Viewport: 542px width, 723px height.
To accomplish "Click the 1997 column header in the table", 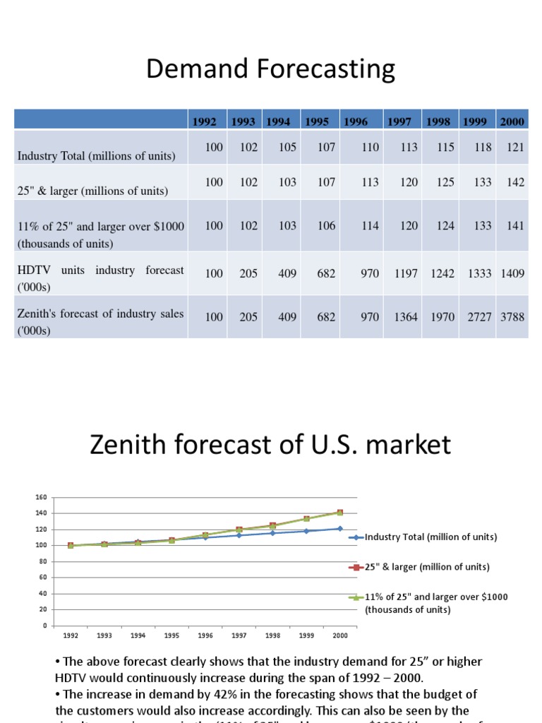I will [x=398, y=121].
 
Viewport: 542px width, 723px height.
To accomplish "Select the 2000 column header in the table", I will [x=512, y=121].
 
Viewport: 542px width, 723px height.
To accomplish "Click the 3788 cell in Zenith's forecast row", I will [x=512, y=317].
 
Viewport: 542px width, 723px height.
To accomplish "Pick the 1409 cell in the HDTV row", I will [x=512, y=273].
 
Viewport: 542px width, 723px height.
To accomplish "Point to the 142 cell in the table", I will [x=515, y=182].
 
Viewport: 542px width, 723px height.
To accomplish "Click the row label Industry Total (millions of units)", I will [x=97, y=156].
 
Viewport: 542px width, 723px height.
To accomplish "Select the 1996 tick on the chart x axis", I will [x=205, y=635].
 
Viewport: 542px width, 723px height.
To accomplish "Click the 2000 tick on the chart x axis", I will [x=340, y=635].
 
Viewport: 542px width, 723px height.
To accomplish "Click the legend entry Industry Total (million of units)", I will [x=430, y=537].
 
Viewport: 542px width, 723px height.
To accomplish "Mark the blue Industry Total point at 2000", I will [x=340, y=528].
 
